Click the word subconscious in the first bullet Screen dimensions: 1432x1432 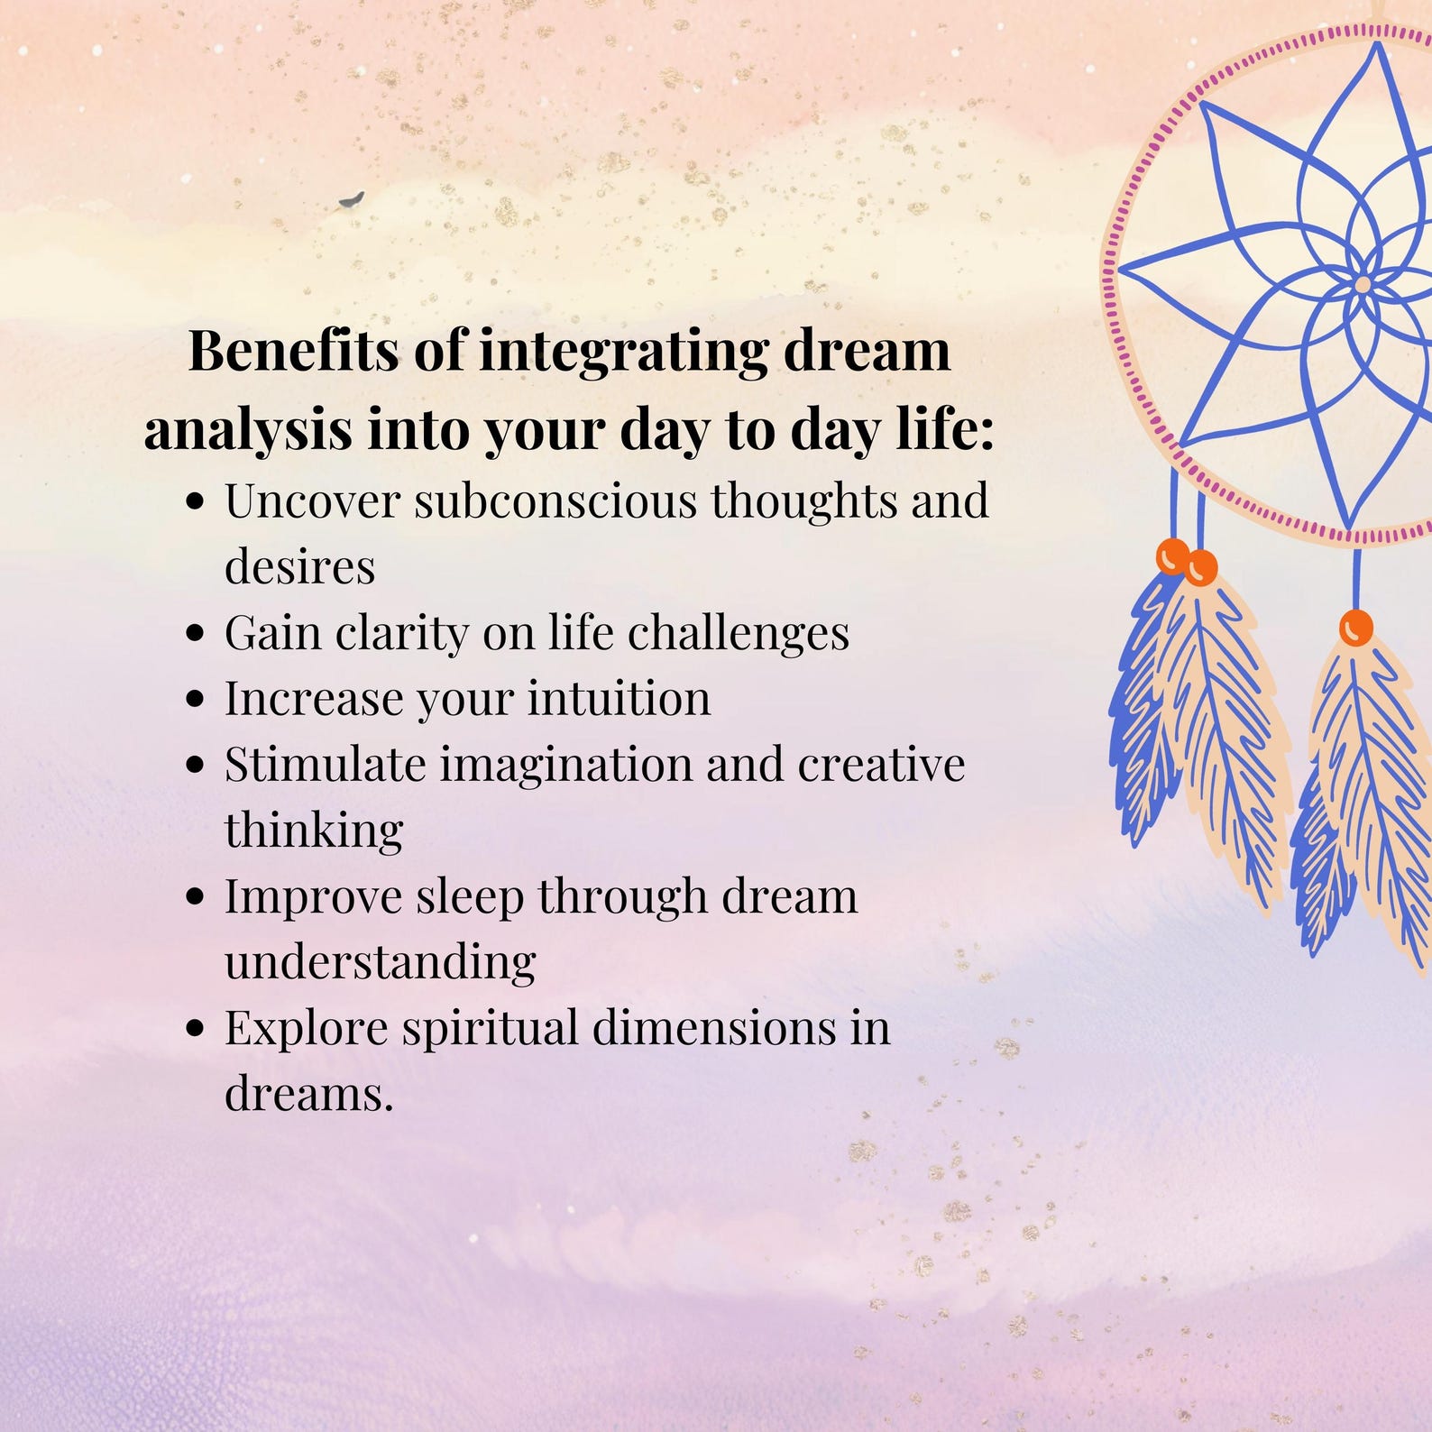555,500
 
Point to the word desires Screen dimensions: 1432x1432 299,567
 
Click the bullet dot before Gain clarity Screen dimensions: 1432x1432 195,633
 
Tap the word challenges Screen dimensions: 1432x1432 738,632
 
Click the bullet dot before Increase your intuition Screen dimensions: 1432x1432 195,699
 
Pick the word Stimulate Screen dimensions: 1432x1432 325,765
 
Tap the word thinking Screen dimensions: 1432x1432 313,831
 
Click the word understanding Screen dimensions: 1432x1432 380,962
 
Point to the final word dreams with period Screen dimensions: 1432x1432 308,1094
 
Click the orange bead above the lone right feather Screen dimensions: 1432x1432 1355,628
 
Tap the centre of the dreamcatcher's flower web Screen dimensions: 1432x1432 1362,285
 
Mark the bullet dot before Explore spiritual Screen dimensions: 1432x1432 195,1028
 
